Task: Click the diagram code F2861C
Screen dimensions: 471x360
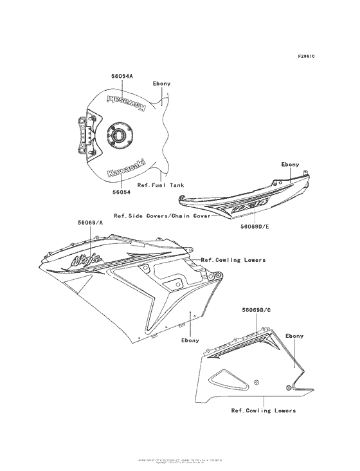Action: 306,57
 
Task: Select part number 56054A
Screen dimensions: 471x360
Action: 122,76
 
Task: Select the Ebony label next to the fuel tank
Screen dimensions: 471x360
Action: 161,84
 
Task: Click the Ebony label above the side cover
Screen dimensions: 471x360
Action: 290,165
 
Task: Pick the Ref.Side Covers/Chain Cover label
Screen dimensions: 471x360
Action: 162,217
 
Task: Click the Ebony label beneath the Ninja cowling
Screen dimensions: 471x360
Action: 191,339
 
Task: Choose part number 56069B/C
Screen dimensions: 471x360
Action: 256,310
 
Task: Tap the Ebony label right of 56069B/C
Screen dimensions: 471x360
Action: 294,336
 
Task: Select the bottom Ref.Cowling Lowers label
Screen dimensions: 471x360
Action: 264,410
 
